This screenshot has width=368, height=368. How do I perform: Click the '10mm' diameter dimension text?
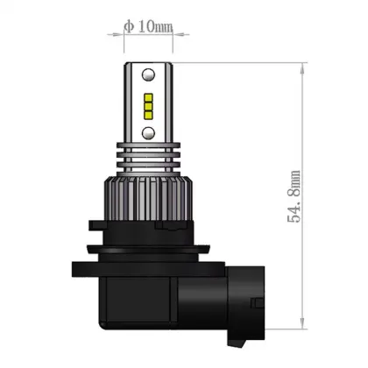(x=156, y=25)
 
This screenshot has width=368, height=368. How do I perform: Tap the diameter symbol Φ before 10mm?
(x=128, y=25)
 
